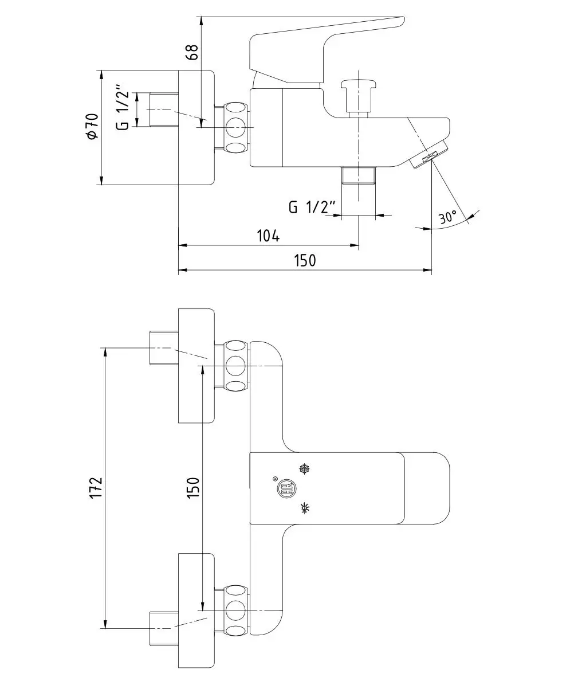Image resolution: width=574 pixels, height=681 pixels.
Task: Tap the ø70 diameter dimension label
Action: pyautogui.click(x=92, y=127)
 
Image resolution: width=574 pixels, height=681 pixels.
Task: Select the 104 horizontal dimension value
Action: pyautogui.click(x=268, y=236)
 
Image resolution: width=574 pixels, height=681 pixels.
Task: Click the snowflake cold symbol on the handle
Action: pyautogui.click(x=305, y=469)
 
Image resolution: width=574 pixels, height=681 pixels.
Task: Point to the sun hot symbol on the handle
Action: pyautogui.click(x=305, y=508)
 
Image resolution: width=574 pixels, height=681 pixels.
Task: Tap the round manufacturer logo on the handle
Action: pyautogui.click(x=285, y=488)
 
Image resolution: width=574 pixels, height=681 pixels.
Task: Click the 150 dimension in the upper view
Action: pyautogui.click(x=304, y=261)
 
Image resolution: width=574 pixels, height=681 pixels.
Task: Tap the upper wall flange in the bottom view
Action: pyautogui.click(x=196, y=366)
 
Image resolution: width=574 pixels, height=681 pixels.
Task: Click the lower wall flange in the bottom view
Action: pyautogui.click(x=196, y=611)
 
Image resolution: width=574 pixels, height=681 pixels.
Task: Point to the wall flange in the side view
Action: pyautogui.click(x=196, y=127)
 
